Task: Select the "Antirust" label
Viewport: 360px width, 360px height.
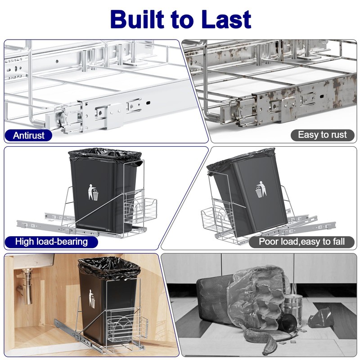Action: [29, 135]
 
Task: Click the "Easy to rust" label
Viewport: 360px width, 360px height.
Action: [323, 135]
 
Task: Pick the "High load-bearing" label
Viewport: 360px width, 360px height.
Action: [51, 242]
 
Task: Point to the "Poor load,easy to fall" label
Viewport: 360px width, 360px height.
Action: [302, 242]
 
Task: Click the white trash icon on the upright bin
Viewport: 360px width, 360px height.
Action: [93, 192]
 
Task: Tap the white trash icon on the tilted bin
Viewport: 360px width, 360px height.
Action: [261, 190]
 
